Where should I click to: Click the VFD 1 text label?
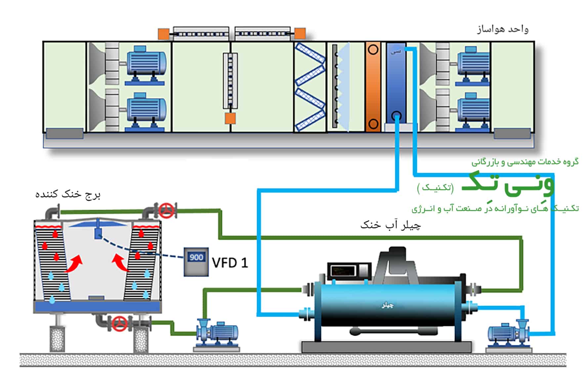pos(230,263)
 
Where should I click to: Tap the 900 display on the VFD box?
pos(196,257)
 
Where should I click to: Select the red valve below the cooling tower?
pos(120,323)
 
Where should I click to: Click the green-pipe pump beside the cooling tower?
pos(217,333)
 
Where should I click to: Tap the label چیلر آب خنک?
pos(390,225)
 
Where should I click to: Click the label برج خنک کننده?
pos(68,194)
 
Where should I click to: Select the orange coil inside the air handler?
pos(373,87)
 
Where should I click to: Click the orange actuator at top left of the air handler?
pos(163,34)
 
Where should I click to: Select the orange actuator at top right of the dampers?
pos(300,33)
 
